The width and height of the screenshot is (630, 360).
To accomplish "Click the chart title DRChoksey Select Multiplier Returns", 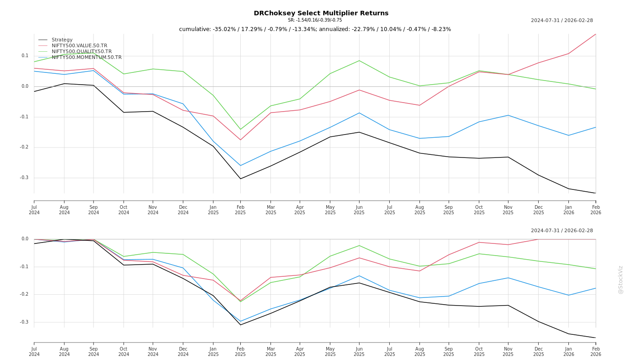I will [321, 13].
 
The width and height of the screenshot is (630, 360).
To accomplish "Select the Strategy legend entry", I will [62, 40].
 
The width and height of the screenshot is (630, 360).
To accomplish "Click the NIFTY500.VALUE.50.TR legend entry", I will [79, 46].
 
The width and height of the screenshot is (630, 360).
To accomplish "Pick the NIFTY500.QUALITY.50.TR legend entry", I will [81, 52].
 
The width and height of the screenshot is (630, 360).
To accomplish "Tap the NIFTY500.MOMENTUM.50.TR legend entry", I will [86, 58].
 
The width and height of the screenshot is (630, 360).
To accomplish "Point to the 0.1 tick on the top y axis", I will [25, 56].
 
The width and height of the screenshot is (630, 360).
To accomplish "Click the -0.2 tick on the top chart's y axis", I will [24, 147].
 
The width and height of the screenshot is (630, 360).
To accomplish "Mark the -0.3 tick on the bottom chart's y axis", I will [24, 322].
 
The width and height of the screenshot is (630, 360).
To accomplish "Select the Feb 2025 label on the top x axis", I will [240, 210].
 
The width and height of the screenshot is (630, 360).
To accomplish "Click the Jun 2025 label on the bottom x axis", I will [359, 351].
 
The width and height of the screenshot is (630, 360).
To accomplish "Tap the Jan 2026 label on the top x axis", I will [568, 210].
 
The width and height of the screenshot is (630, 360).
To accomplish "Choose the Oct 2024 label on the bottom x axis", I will [123, 351].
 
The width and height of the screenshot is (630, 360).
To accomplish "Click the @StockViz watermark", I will [621, 279].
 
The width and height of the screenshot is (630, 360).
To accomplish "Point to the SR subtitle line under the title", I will [315, 20].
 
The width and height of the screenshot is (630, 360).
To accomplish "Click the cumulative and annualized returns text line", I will [315, 29].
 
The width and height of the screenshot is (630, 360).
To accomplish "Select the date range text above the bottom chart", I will [562, 231].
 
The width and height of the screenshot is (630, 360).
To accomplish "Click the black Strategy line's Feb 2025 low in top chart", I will [240, 179].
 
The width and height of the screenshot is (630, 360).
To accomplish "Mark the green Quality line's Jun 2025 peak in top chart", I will [359, 60].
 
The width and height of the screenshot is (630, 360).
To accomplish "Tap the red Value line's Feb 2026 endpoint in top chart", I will [595, 34].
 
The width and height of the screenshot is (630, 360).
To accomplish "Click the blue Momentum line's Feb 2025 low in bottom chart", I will [240, 321].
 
